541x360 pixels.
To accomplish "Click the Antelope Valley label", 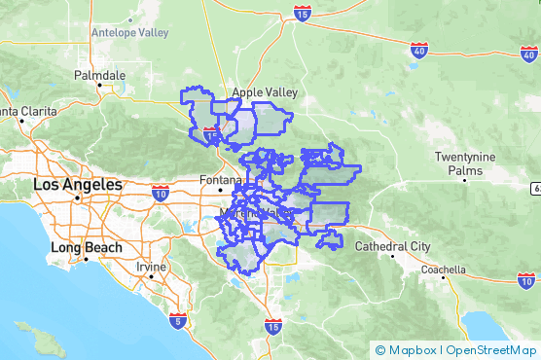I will [x=129, y=32].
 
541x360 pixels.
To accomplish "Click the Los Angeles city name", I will [x=78, y=184].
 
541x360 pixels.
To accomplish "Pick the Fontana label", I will [x=217, y=180].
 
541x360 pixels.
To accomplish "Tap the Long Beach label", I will [x=87, y=247].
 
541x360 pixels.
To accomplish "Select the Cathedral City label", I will [x=392, y=246].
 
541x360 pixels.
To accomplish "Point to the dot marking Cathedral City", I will [x=392, y=256].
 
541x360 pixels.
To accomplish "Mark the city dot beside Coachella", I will [x=443, y=276].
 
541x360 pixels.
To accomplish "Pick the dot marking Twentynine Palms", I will [x=466, y=180].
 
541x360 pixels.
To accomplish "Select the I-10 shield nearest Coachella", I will [x=525, y=279].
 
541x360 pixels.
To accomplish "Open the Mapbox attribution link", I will [x=408, y=349].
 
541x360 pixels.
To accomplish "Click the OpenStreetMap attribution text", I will [x=489, y=349].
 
